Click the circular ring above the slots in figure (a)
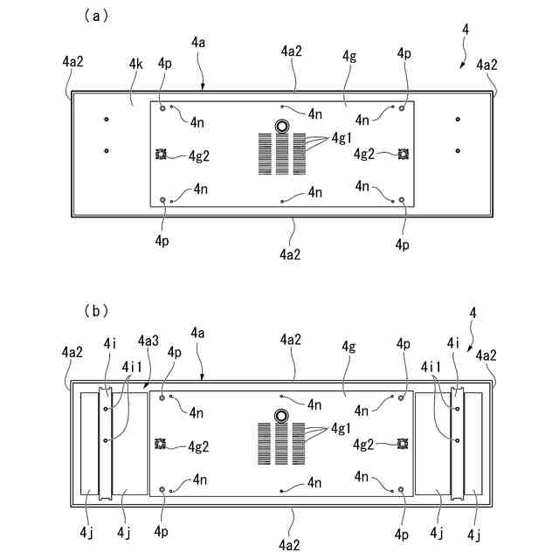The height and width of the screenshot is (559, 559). tap(282, 127)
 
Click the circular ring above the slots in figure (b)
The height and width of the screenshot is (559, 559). tap(282, 417)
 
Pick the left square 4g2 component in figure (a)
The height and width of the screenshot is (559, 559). tap(161, 155)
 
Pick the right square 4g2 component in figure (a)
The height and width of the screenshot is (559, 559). tap(403, 155)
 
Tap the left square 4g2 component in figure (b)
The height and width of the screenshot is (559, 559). tap(161, 445)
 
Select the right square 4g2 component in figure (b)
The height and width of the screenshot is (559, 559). tap(403, 445)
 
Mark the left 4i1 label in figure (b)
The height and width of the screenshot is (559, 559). tap(133, 367)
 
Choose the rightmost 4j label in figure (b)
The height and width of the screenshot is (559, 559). tap(474, 533)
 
